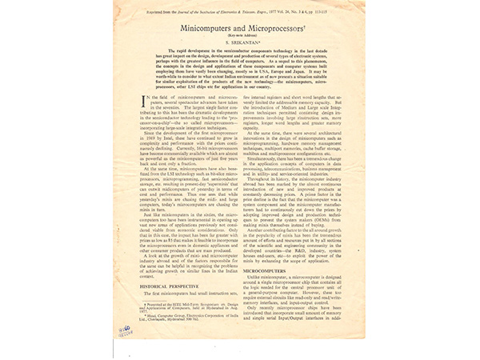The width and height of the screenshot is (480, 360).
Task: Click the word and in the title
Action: click(240, 26)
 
